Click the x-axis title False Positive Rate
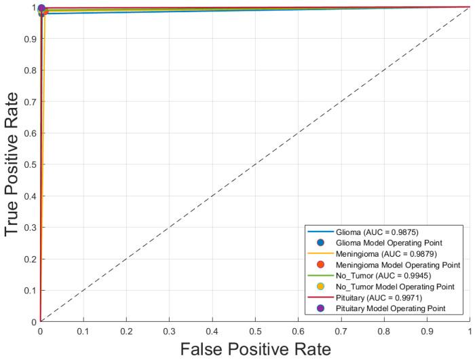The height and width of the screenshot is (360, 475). coord(255,348)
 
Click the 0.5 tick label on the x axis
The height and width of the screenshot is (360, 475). coord(255,330)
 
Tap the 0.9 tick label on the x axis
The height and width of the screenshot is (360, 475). coord(427,330)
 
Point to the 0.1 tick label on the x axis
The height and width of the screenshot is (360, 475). coord(83,330)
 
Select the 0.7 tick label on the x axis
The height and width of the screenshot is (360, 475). coord(341,330)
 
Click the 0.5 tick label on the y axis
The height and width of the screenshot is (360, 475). coord(30,164)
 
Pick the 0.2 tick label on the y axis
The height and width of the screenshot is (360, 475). coord(30,259)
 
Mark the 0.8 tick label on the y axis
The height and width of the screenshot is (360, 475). coord(30,70)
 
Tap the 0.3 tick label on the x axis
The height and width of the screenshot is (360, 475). coord(170,330)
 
